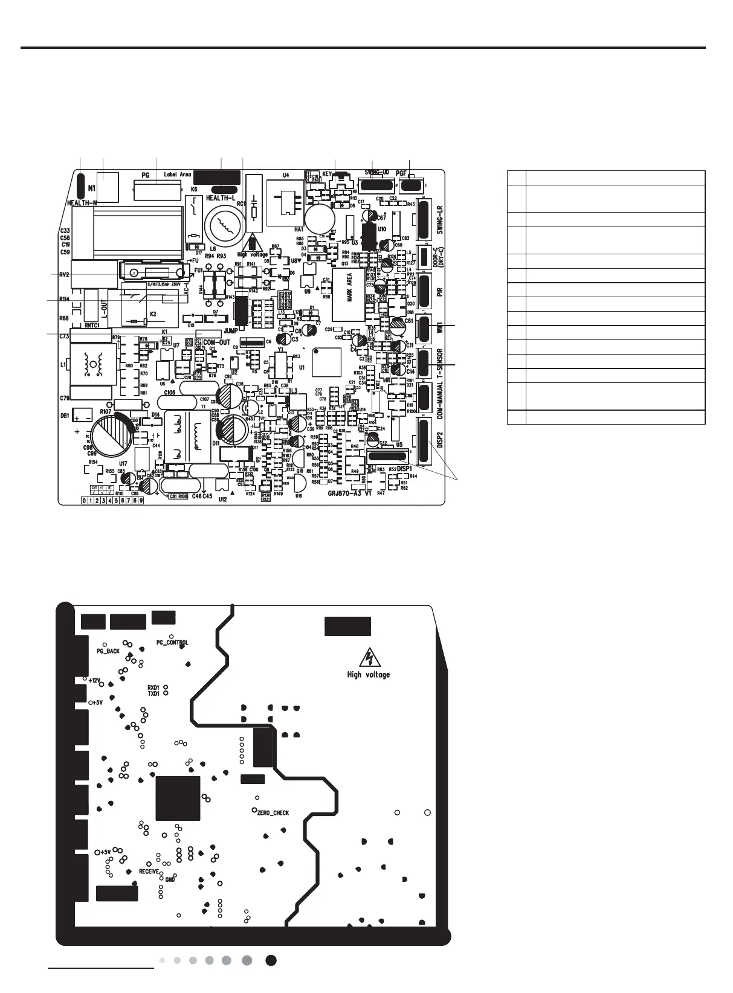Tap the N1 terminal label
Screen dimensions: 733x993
click(92, 187)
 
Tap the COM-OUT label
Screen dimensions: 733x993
click(217, 342)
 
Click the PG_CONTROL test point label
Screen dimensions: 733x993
click(172, 643)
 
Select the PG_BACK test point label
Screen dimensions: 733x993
click(109, 652)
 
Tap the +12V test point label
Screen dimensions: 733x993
click(94, 681)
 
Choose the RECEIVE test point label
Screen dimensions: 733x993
click(149, 872)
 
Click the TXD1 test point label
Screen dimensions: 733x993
click(153, 694)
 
